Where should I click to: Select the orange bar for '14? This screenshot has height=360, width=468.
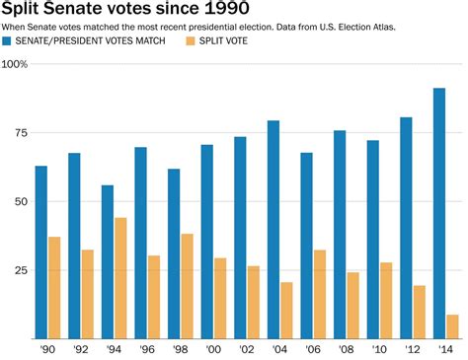click(x=452, y=326)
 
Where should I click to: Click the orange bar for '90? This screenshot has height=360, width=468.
click(x=54, y=287)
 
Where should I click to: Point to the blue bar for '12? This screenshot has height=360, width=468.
click(x=406, y=228)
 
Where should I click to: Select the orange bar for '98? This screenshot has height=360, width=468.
click(x=187, y=286)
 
